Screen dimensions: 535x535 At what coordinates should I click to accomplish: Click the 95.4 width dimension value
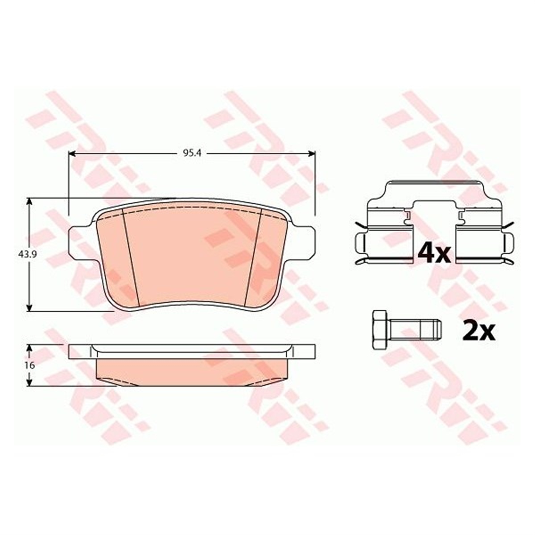pyautogui.click(x=192, y=154)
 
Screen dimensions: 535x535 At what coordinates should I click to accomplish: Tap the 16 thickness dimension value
pyautogui.click(x=31, y=366)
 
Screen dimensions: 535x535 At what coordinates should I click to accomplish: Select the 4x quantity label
pyautogui.click(x=434, y=252)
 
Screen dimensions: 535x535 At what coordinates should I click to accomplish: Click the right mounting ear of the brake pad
pyautogui.click(x=303, y=240)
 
